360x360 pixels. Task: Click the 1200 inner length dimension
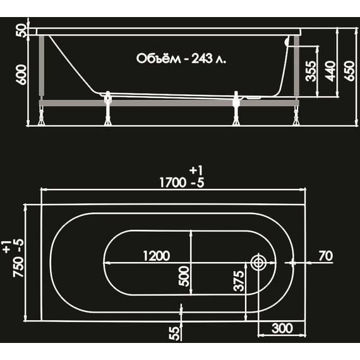pyautogui.click(x=156, y=256)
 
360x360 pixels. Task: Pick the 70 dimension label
pyautogui.click(x=325, y=256)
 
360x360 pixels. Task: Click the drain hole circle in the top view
pyautogui.click(x=258, y=263)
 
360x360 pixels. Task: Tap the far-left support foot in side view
pyautogui.click(x=42, y=117)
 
